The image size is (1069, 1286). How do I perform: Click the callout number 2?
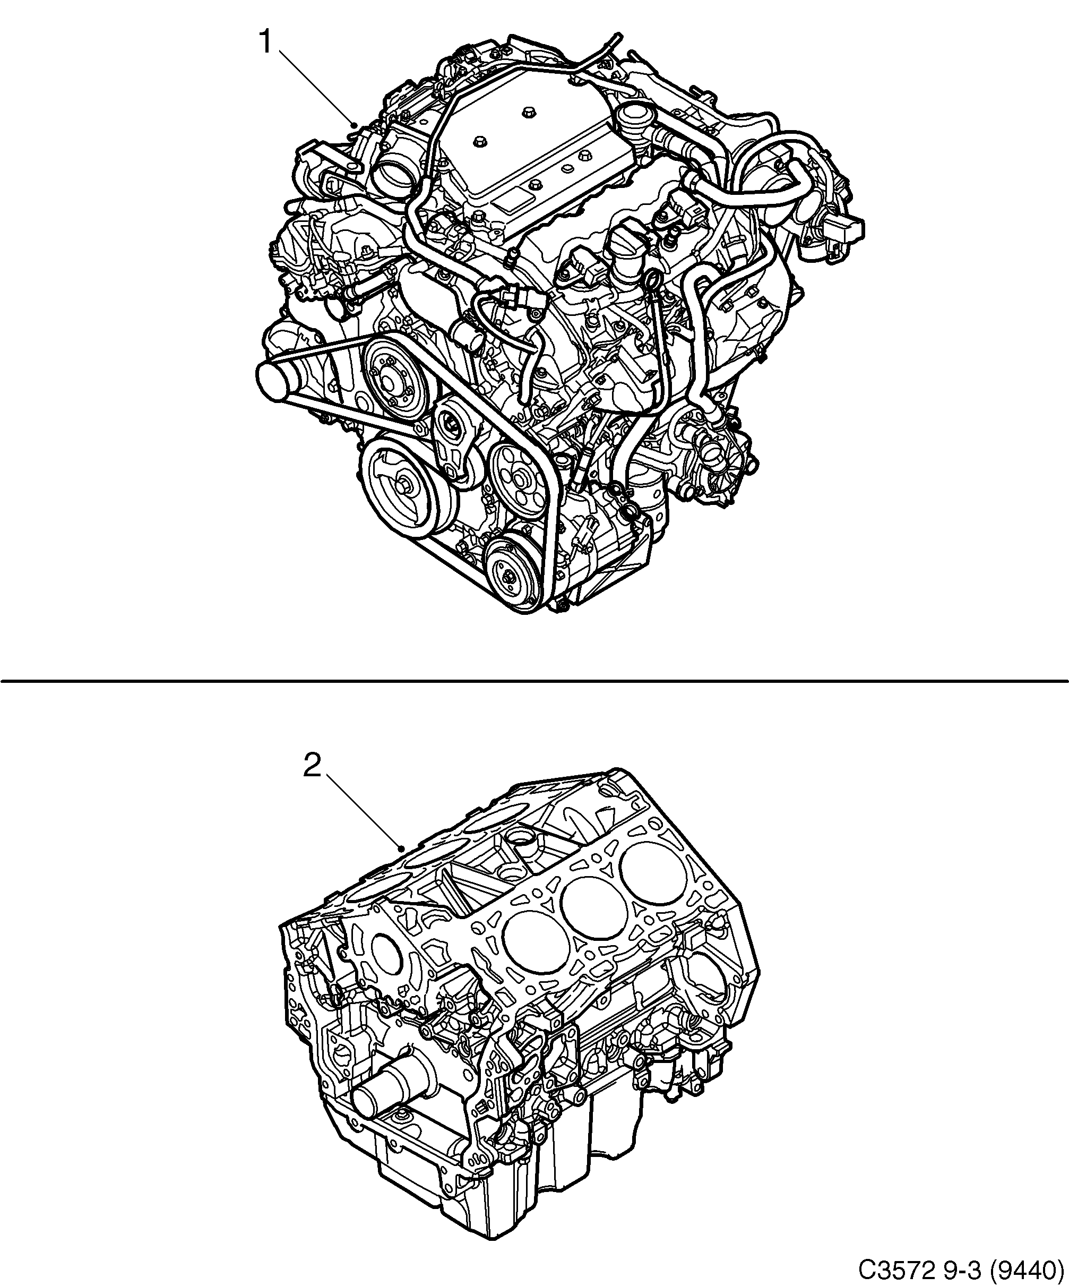point(312,767)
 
